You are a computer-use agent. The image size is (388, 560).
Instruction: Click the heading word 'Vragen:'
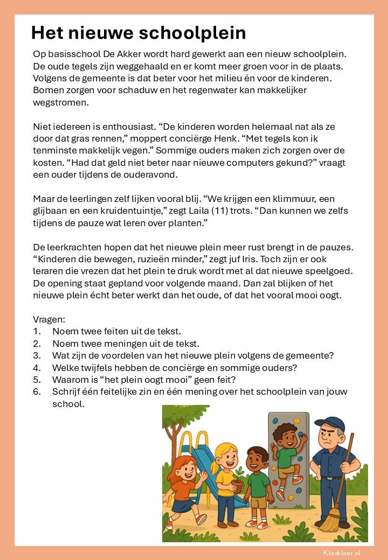click(x=49, y=319)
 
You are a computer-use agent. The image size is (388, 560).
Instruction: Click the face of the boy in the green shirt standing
click(x=259, y=458)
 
